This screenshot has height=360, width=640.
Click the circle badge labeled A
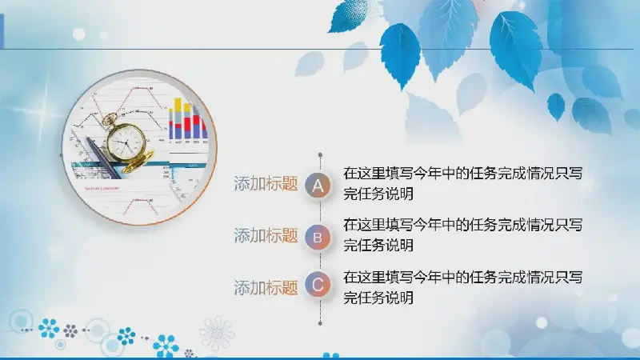point(318,186)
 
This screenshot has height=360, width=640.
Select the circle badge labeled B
point(318,237)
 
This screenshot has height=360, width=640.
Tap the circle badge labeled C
point(318,285)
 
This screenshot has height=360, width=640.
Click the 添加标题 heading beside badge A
point(266,184)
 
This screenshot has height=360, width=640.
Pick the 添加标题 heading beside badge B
point(266,235)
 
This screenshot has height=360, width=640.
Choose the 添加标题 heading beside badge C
point(266,288)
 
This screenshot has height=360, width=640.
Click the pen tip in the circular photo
point(87,138)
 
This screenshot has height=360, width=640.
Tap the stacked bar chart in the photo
point(188,119)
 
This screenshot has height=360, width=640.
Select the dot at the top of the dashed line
point(321,155)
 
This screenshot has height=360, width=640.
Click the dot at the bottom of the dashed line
point(321,323)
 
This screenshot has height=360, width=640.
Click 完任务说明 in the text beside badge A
point(378,194)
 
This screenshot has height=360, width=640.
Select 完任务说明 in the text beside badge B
point(378,246)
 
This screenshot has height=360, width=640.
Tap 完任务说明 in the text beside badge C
point(378,298)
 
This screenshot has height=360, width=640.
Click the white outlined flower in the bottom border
point(217,332)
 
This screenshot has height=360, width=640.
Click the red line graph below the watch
point(141,206)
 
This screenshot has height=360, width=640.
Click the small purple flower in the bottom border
point(70,331)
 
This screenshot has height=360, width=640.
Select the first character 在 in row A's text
point(350,174)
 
